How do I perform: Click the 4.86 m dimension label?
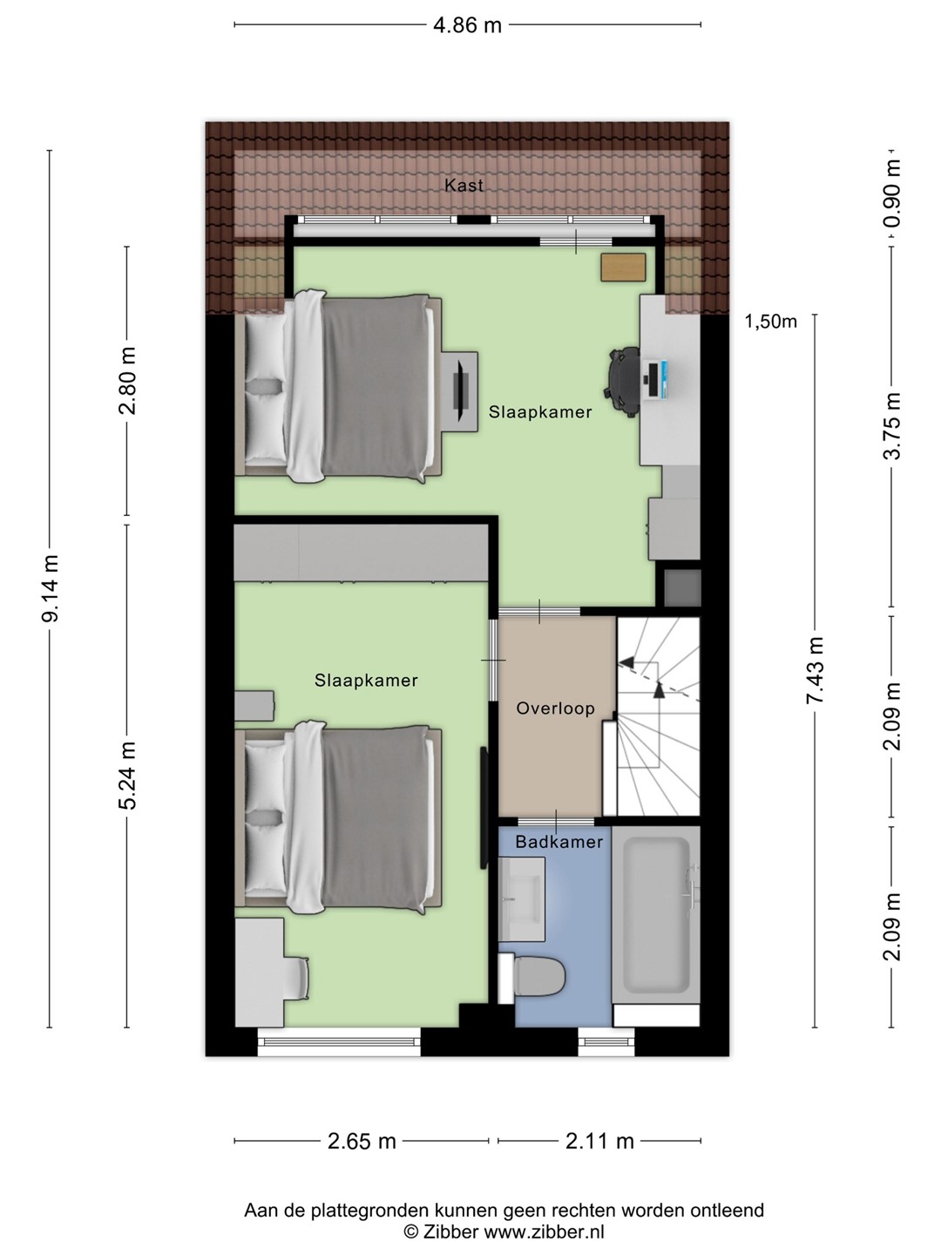(x=467, y=26)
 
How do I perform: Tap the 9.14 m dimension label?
(x=51, y=588)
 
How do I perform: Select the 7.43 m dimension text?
(x=815, y=670)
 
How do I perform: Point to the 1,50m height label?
(x=770, y=322)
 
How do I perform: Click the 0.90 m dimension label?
(x=892, y=193)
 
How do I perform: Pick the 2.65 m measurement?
(x=362, y=1142)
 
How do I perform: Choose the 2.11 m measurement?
(x=600, y=1142)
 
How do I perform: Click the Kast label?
(x=464, y=186)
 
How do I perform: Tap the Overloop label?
(x=555, y=709)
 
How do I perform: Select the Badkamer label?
(x=559, y=842)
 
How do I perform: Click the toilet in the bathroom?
(x=532, y=977)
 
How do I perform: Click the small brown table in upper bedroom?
(x=623, y=268)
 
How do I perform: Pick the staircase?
(x=658, y=716)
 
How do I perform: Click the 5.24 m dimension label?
(x=129, y=776)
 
